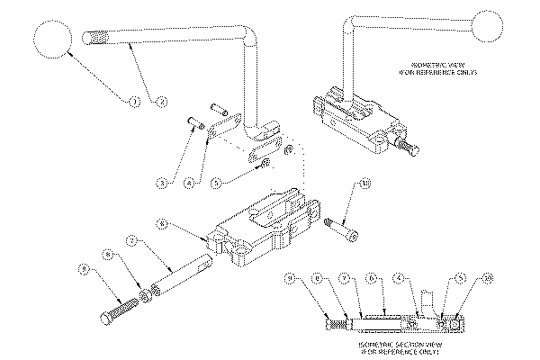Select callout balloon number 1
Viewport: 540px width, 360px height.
point(132,102)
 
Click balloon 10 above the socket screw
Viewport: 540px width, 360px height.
point(364,184)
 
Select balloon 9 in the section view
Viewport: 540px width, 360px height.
point(289,278)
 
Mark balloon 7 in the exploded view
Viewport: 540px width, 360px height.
point(132,242)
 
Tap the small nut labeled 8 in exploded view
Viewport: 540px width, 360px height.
point(145,295)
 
